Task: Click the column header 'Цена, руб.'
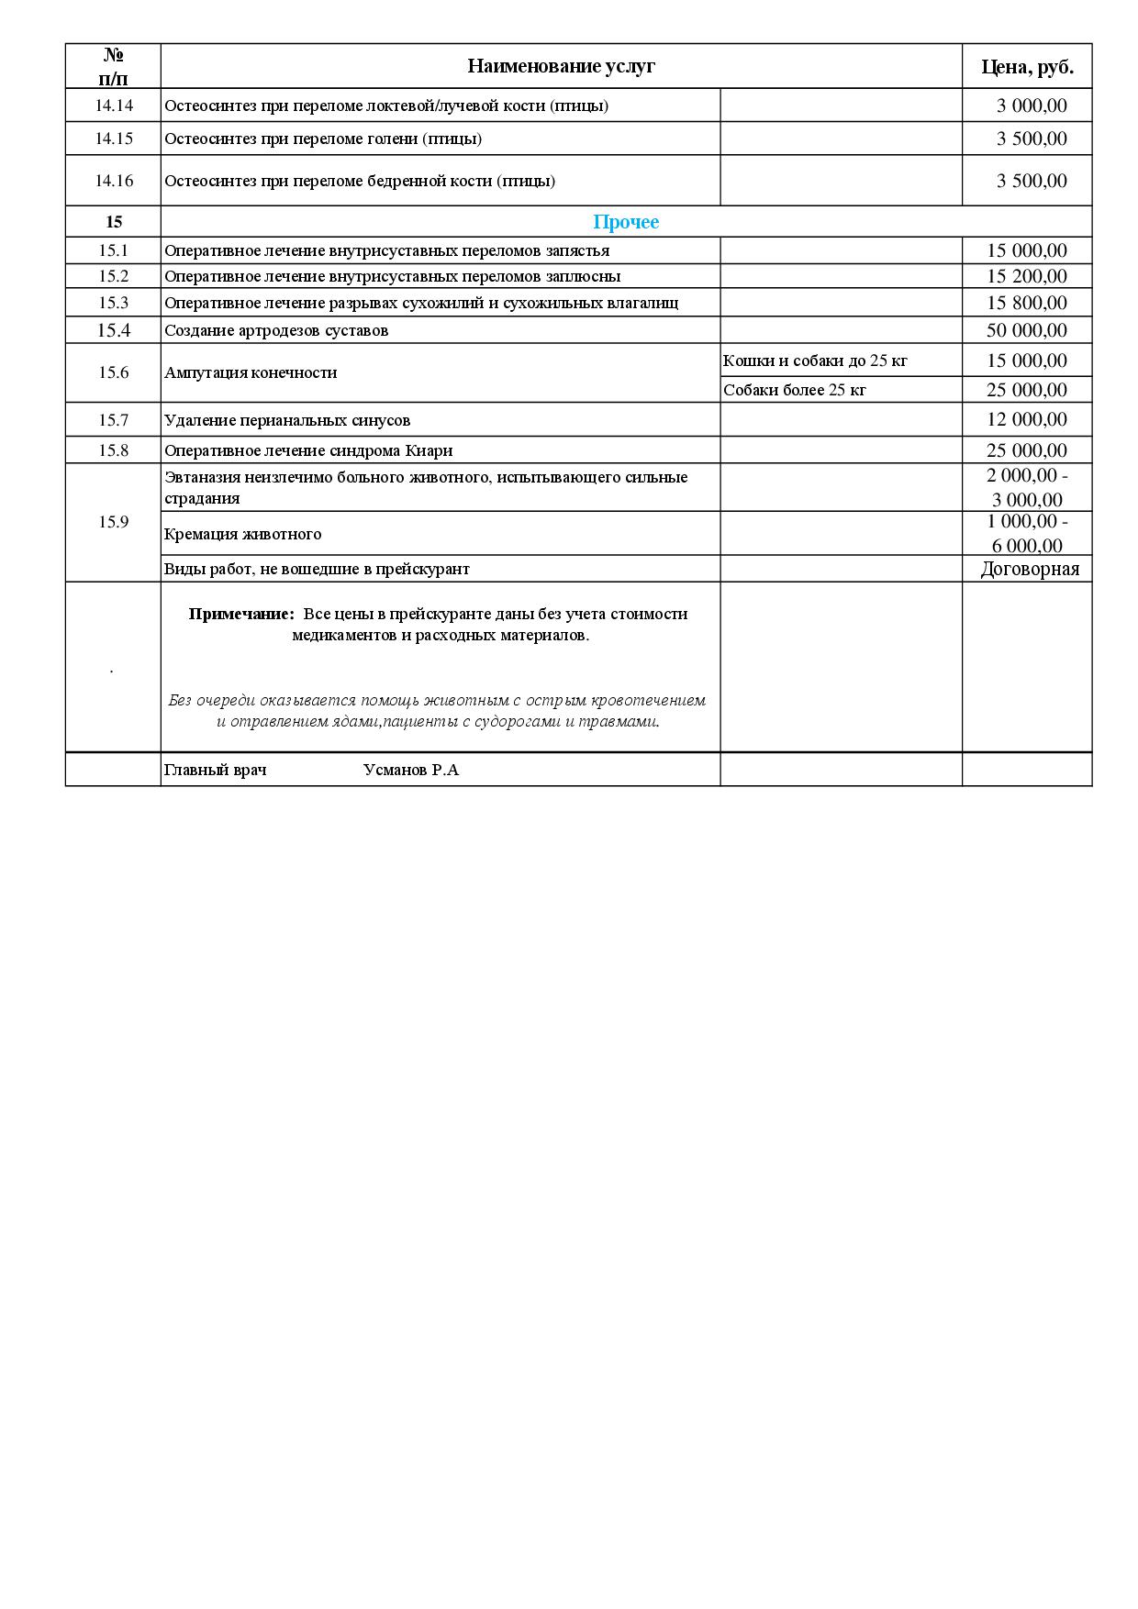point(1027,66)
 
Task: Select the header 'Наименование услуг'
point(561,66)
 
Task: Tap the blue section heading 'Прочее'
point(626,222)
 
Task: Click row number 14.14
point(114,105)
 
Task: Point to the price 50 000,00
point(1027,330)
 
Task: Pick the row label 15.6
point(114,372)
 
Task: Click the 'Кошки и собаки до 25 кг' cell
point(815,361)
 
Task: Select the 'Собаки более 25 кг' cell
point(795,390)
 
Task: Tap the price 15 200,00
point(1027,276)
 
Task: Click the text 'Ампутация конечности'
point(251,372)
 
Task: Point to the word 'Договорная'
point(1030,569)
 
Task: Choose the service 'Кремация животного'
point(243,534)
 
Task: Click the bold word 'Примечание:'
point(241,614)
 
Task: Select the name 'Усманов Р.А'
point(411,770)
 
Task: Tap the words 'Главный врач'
point(216,770)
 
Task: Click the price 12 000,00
point(1027,419)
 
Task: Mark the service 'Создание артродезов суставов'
point(276,330)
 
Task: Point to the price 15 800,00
point(1027,303)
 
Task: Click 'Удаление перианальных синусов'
point(287,420)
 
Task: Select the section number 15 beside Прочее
point(114,222)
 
